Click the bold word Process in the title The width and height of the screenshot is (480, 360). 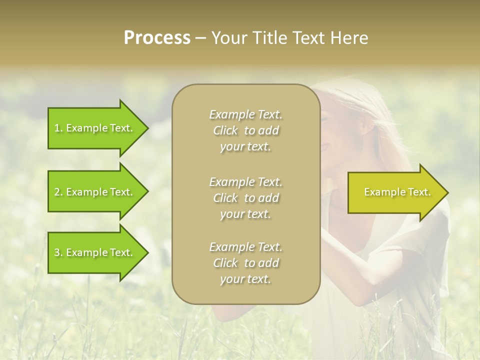pyautogui.click(x=157, y=38)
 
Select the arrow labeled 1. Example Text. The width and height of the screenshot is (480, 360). pyautogui.click(x=95, y=128)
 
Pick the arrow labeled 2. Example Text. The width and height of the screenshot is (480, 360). pyautogui.click(x=95, y=192)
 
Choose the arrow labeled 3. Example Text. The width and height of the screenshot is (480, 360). pyautogui.click(x=95, y=252)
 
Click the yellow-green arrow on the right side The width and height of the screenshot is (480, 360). pyautogui.click(x=395, y=192)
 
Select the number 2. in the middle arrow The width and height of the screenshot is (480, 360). pyautogui.click(x=58, y=192)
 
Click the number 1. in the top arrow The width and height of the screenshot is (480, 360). pyautogui.click(x=58, y=128)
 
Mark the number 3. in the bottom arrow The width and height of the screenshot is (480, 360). pyautogui.click(x=58, y=252)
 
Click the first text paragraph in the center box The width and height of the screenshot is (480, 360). pyautogui.click(x=246, y=130)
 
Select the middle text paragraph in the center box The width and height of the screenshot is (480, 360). pyautogui.click(x=246, y=197)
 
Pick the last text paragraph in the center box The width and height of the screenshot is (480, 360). pyautogui.click(x=246, y=263)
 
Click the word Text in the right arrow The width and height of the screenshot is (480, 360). pyautogui.click(x=419, y=192)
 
